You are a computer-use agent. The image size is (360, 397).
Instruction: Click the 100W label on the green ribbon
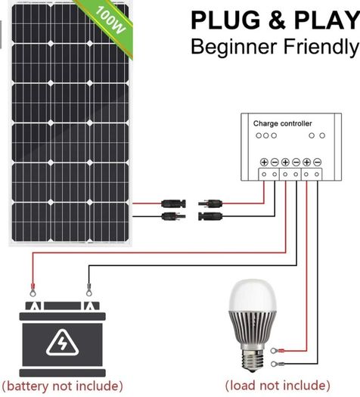[111, 20]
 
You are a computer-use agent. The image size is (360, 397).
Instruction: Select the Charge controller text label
[282, 123]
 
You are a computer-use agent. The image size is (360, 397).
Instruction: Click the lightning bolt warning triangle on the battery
[62, 343]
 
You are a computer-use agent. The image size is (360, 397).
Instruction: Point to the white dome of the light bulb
[253, 296]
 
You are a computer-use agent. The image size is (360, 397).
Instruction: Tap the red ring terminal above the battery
[33, 290]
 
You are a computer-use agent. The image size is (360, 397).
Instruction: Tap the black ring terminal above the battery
[88, 290]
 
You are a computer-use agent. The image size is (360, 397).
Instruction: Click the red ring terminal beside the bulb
[278, 351]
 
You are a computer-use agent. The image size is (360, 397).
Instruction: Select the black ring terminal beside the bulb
[278, 364]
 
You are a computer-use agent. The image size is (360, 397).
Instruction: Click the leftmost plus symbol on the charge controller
[264, 162]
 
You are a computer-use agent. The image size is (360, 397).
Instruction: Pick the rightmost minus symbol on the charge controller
[317, 162]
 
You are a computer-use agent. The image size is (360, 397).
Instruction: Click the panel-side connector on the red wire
[173, 203]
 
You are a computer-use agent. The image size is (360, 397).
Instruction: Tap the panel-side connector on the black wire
[173, 216]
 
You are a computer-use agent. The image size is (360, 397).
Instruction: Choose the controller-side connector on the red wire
[210, 203]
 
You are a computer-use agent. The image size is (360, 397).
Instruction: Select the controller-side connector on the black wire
[210, 216]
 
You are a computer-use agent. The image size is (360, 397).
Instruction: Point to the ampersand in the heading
[278, 20]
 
